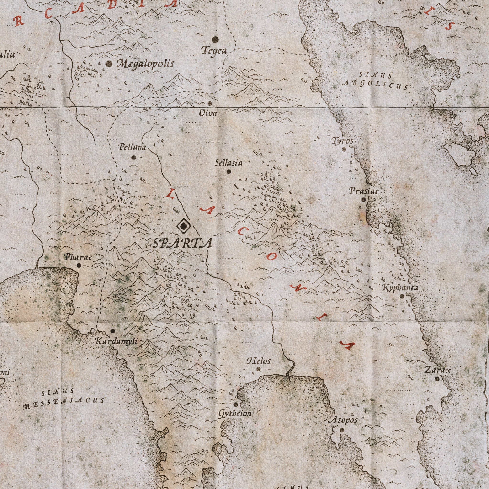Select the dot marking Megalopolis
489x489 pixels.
(x=109, y=63)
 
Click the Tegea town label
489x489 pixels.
(x=214, y=51)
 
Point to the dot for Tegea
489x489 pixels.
(x=215, y=39)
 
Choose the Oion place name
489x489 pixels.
(x=208, y=113)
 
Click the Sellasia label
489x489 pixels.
(x=229, y=163)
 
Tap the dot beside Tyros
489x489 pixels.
(x=344, y=149)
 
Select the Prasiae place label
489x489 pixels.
(x=364, y=191)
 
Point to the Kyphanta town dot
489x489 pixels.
(x=402, y=296)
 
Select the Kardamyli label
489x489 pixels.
(x=117, y=341)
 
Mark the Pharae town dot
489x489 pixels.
(x=79, y=265)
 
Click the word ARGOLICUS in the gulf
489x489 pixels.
(x=375, y=85)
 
